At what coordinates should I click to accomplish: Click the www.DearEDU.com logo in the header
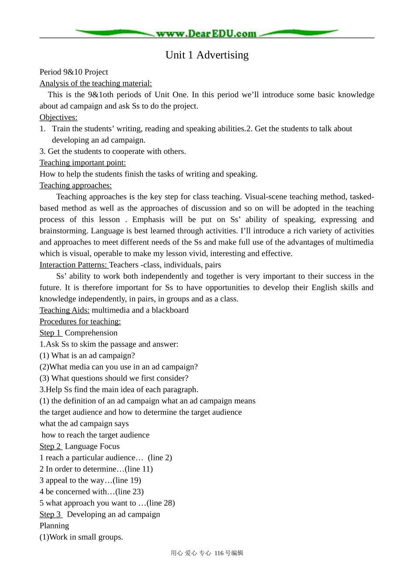click(207, 33)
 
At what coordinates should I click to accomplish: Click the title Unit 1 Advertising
click(207, 55)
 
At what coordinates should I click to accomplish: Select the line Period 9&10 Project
click(74, 72)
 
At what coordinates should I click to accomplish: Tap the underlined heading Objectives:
click(58, 117)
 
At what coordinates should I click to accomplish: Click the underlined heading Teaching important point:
click(82, 163)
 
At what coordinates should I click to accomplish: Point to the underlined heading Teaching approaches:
click(75, 185)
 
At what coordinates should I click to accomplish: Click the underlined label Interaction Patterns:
click(73, 265)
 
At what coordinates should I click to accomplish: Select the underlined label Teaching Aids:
click(64, 310)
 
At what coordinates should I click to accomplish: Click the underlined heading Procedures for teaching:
click(80, 321)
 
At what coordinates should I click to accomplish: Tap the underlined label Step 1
click(50, 333)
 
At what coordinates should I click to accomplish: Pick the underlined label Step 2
click(50, 446)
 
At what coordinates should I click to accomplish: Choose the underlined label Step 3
click(50, 514)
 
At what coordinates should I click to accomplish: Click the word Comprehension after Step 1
click(91, 333)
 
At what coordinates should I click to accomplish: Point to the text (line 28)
click(161, 503)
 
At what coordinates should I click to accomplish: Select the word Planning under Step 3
click(54, 525)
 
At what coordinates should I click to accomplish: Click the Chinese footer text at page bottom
click(207, 553)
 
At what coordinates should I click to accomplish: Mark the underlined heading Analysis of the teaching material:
click(95, 83)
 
